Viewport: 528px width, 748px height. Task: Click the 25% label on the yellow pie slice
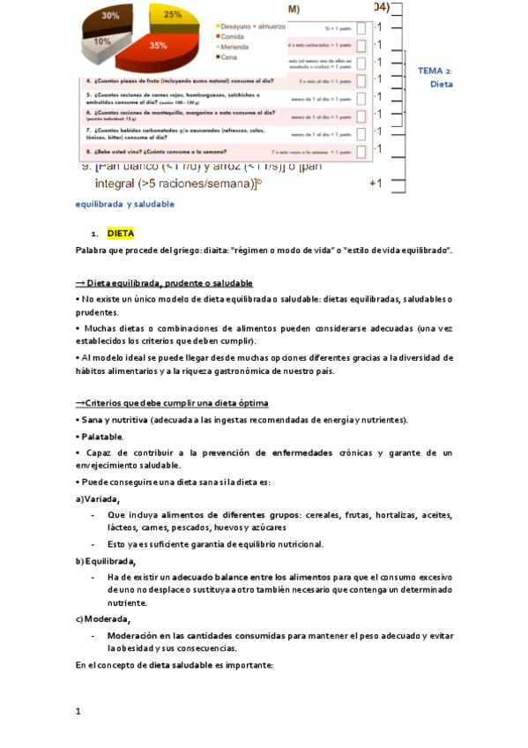point(173,15)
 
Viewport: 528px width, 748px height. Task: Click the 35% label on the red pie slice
point(159,45)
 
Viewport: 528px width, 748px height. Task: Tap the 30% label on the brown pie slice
point(111,16)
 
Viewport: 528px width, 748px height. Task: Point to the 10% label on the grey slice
point(102,41)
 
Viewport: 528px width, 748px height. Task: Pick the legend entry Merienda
point(238,47)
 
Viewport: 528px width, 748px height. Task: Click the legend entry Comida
point(235,37)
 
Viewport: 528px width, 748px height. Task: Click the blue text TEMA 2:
point(435,71)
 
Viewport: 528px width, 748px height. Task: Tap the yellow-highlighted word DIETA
point(120,234)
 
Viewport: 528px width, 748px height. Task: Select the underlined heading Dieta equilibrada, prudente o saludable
point(164,283)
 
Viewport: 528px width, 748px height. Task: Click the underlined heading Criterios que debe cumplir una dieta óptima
point(171,402)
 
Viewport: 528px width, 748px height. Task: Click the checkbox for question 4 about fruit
point(362,80)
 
